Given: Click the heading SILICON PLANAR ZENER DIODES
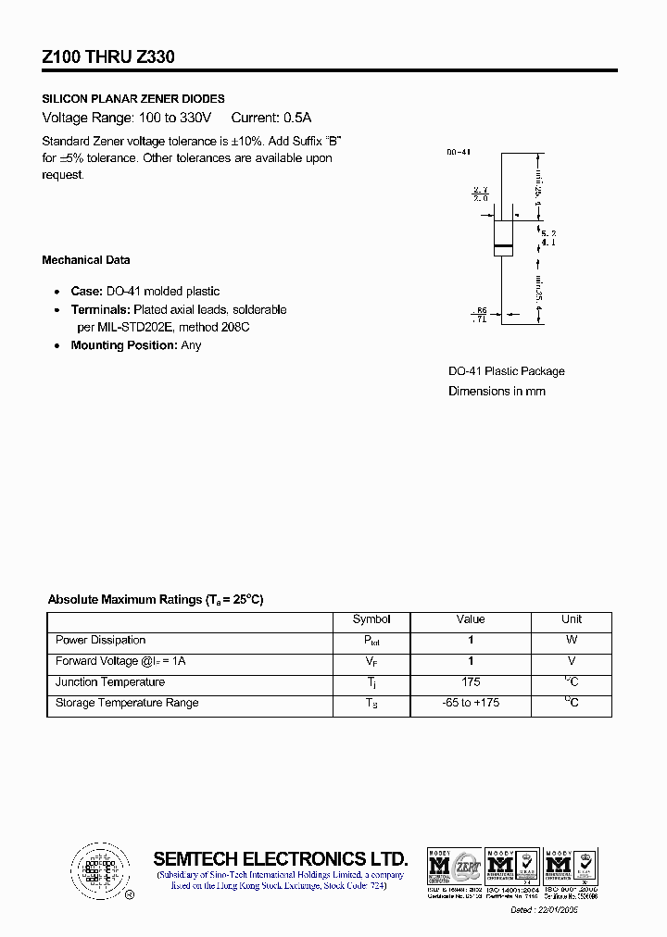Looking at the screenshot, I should tap(133, 98).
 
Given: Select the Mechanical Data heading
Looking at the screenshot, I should tap(86, 260).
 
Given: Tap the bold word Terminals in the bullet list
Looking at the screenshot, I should tap(100, 309).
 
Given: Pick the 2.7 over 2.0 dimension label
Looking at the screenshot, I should tap(480, 194).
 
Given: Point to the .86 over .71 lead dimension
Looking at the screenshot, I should tap(480, 314).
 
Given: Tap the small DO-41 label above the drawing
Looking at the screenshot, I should tap(458, 151).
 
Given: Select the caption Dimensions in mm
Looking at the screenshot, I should tap(497, 391).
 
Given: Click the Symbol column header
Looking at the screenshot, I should tap(371, 619).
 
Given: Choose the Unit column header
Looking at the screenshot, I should tap(572, 619).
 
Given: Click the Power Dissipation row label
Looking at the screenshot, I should tap(100, 640).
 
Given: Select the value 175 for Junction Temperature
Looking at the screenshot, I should tap(471, 682).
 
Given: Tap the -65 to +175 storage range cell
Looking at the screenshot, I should tap(471, 703).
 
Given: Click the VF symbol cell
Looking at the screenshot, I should tap(371, 662).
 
